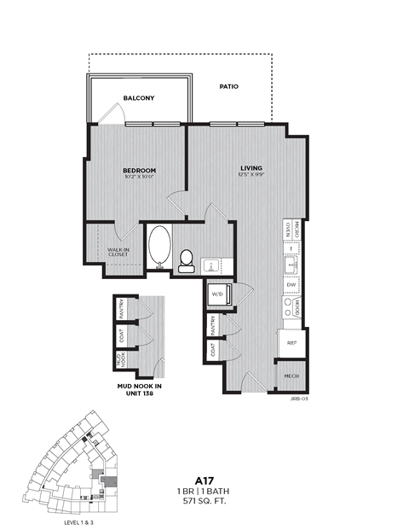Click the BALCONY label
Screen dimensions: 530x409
138,98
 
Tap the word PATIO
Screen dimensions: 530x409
228,87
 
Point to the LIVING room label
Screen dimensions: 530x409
251,168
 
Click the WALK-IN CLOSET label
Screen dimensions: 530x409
118,252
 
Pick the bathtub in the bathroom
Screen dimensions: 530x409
158,247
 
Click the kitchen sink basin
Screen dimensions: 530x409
291,265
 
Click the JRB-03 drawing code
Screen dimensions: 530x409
297,398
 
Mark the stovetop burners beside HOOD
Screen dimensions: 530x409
288,308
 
